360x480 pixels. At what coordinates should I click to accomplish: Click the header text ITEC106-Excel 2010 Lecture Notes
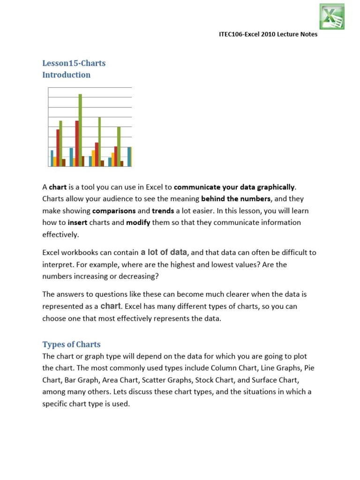[x=269, y=35]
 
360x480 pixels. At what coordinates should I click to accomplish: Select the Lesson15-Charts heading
[x=74, y=63]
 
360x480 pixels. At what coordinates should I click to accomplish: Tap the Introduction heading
[x=66, y=75]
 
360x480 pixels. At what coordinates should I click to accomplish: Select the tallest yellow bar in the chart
[x=93, y=158]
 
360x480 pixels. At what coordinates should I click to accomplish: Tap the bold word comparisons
[x=114, y=210]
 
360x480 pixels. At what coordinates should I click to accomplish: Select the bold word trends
[x=163, y=210]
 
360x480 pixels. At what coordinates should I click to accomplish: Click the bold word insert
[x=77, y=222]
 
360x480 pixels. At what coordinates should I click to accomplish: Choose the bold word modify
[x=138, y=222]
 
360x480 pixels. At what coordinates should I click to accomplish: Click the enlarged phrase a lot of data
[x=164, y=252]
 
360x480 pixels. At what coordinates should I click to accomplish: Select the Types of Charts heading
[x=71, y=344]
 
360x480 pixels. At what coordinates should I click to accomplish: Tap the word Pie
[x=309, y=368]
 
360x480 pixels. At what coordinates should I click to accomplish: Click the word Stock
[x=205, y=379]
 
